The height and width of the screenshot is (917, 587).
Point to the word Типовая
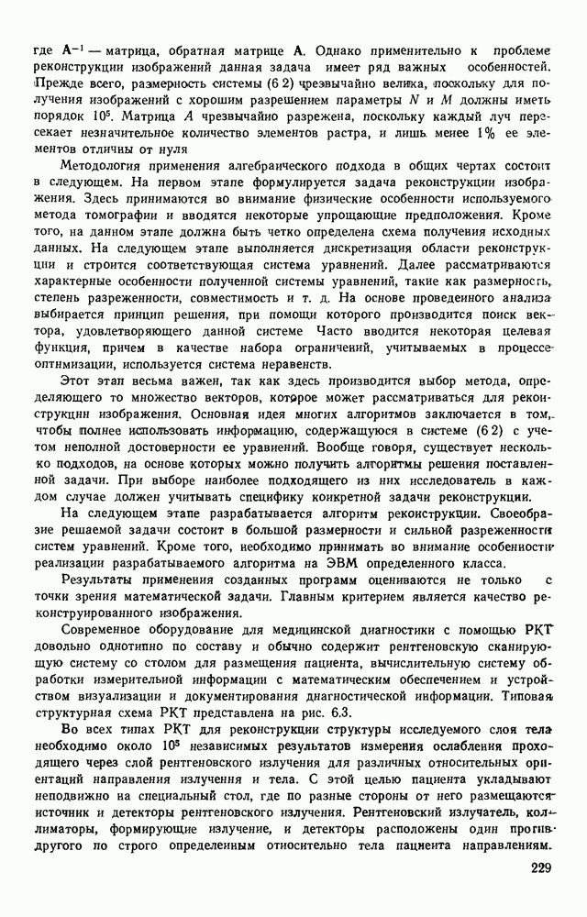pos(527,696)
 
